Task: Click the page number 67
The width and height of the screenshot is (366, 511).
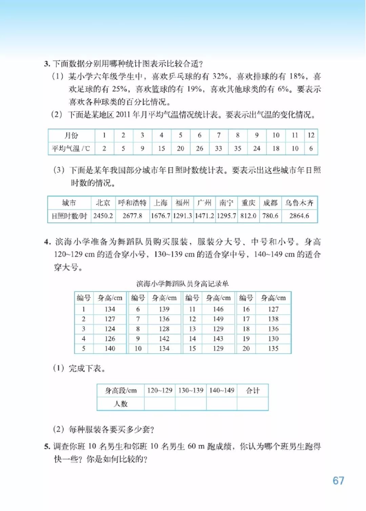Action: pyautogui.click(x=338, y=481)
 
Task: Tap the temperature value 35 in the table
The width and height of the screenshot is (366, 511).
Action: pyautogui.click(x=238, y=148)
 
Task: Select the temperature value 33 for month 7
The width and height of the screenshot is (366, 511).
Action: pyautogui.click(x=219, y=148)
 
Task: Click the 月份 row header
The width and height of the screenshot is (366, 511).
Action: pyautogui.click(x=71, y=136)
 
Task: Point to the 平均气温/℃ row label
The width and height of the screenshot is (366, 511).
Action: pyautogui.click(x=71, y=148)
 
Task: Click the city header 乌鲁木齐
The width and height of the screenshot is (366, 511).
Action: pyautogui.click(x=299, y=203)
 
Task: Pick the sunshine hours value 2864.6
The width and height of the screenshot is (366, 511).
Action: pyautogui.click(x=299, y=216)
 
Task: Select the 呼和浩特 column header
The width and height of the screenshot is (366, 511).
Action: pyautogui.click(x=132, y=203)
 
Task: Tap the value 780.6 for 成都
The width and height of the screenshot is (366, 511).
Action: pyautogui.click(x=270, y=216)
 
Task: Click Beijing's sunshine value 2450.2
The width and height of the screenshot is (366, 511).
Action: pyautogui.click(x=103, y=216)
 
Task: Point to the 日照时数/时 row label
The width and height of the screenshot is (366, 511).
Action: pyautogui.click(x=69, y=216)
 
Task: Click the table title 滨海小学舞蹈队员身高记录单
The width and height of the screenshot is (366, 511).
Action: pyautogui.click(x=182, y=284)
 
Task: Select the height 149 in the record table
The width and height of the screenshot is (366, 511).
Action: pyautogui.click(x=218, y=319)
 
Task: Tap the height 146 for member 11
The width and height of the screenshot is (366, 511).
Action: pyautogui.click(x=218, y=309)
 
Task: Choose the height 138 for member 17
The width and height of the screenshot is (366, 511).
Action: pyautogui.click(x=273, y=319)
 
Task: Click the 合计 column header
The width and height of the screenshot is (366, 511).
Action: pyautogui.click(x=253, y=391)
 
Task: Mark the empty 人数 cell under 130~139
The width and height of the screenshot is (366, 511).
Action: pyautogui.click(x=191, y=404)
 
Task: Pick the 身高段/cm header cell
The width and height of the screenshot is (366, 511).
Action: pyautogui.click(x=121, y=391)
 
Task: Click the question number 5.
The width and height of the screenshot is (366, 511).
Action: pyautogui.click(x=47, y=447)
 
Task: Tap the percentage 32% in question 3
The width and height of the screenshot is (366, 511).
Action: pyautogui.click(x=220, y=76)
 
